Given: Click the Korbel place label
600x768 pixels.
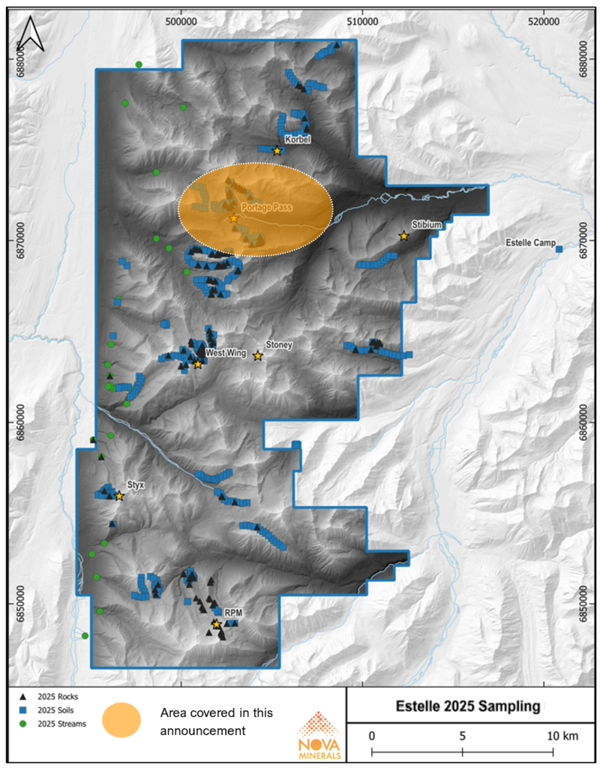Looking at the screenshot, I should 297,139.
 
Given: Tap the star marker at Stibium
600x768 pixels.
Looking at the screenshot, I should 403,236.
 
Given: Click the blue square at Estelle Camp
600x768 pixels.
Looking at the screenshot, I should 559,249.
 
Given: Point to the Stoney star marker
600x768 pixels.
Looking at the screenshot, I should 258,356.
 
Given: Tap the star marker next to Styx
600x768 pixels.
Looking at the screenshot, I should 119,496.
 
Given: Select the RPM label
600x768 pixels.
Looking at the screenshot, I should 232,613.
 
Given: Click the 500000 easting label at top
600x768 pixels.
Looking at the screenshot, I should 181,22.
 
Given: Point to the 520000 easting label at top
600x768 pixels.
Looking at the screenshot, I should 544,22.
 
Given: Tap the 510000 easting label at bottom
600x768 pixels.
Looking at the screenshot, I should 362,676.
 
